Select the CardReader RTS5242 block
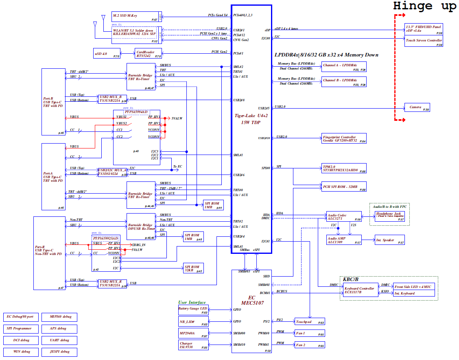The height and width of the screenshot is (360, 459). (x=148, y=53)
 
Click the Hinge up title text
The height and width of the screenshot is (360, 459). (x=424, y=6)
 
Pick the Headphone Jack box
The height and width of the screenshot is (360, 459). (x=390, y=217)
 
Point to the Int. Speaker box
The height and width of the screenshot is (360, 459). (x=390, y=240)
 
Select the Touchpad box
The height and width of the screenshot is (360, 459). (x=310, y=322)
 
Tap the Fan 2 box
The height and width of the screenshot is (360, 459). (x=310, y=345)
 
